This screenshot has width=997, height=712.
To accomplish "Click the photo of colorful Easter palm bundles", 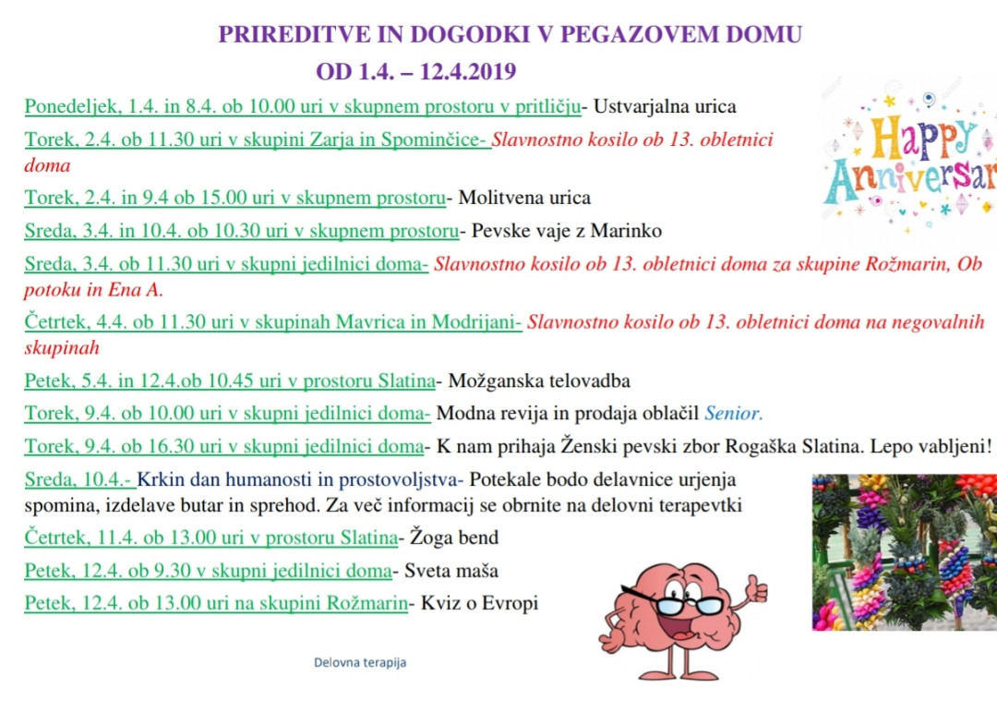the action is (904, 551).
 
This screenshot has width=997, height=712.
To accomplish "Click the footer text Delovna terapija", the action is (360, 662).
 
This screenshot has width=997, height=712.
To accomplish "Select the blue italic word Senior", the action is (734, 413).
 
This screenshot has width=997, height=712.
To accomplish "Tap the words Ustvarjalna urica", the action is (665, 107).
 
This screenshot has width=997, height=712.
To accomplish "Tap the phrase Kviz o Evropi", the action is (479, 604).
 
